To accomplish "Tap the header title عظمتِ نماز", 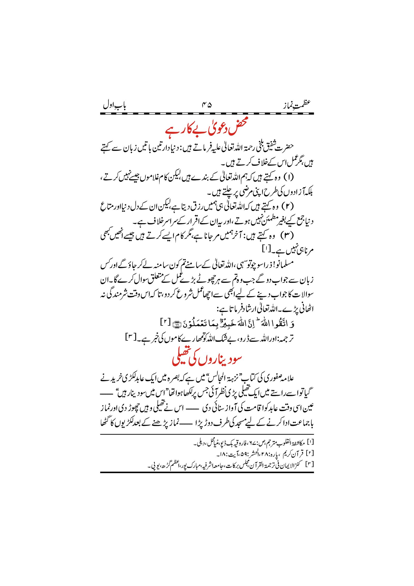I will pyautogui.click(x=297, y=105).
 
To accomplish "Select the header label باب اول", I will pyautogui.click(x=114, y=106).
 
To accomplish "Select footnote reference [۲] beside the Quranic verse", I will pyautogui.click(x=165, y=323).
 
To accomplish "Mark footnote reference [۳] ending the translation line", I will pyautogui.click(x=129, y=338).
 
